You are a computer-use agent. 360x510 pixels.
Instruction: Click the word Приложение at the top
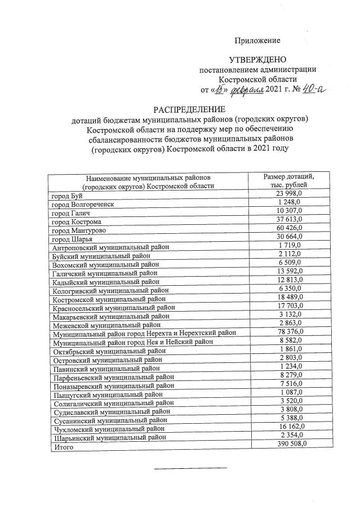(257, 41)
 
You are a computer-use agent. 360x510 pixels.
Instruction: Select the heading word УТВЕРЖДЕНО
(257, 60)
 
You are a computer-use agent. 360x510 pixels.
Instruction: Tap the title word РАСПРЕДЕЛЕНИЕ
(189, 109)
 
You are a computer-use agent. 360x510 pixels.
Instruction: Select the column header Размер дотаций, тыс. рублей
(288, 181)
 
